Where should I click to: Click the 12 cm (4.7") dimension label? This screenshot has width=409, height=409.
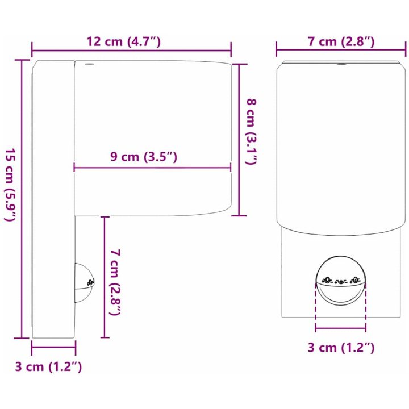124,41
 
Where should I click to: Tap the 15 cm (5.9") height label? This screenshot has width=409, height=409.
11,185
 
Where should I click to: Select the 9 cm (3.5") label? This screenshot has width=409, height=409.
144,157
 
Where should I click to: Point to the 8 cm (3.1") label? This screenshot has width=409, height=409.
252,131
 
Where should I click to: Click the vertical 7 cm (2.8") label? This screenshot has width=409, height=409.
115,282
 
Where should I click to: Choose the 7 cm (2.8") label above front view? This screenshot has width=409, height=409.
341,41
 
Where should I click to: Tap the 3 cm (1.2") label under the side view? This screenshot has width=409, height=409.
48,366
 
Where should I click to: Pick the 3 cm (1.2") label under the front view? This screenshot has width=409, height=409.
341,348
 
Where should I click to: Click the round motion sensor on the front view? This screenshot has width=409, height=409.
340,281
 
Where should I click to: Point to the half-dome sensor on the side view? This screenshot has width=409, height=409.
85,282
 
